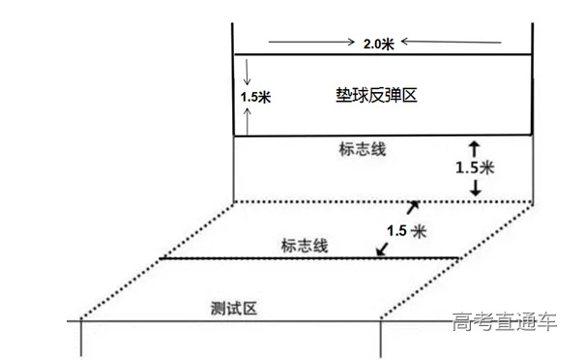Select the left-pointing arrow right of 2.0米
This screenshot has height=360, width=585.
click(451, 43)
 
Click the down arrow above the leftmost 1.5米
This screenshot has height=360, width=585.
click(249, 72)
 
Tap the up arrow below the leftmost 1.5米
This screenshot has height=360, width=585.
click(249, 121)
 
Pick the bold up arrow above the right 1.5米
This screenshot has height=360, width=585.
click(474, 147)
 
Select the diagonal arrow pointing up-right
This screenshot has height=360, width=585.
click(415, 206)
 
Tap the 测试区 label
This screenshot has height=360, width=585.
click(234, 309)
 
